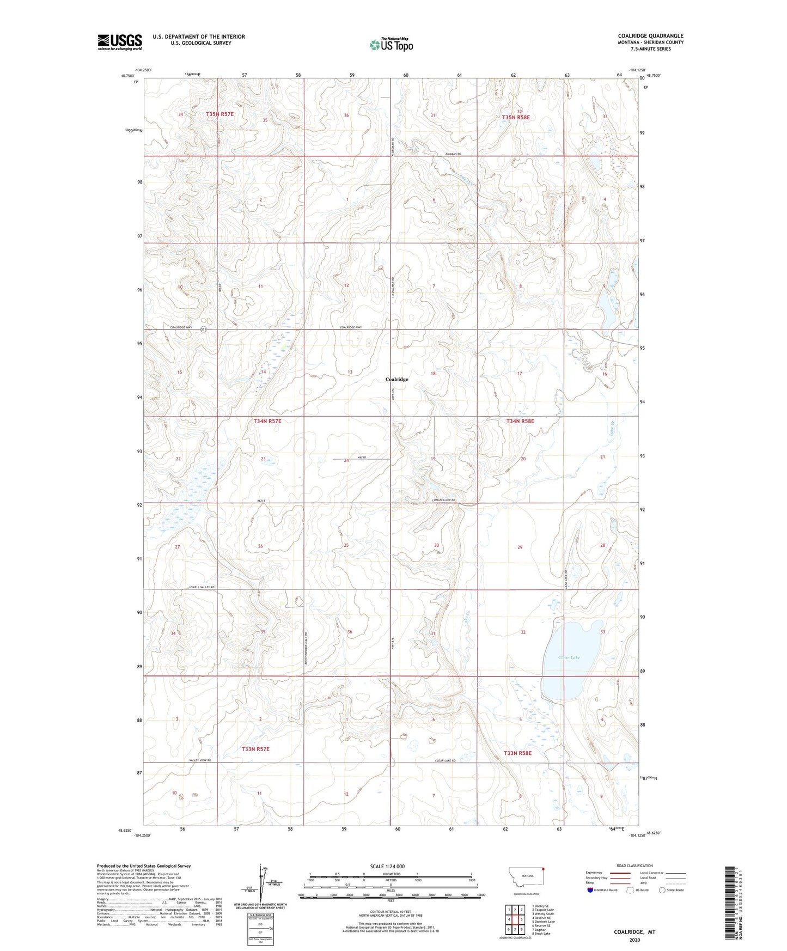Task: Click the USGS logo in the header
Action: click(x=120, y=42)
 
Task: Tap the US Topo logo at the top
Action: click(x=391, y=45)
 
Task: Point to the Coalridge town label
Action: click(x=396, y=379)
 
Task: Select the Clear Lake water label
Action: click(x=569, y=657)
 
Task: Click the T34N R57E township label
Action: click(x=267, y=421)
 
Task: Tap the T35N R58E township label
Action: click(x=516, y=117)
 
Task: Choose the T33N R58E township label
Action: click(x=517, y=753)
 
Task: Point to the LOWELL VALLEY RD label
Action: click(x=202, y=587)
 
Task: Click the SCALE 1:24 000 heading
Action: click(x=387, y=866)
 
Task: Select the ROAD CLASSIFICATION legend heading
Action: click(x=635, y=865)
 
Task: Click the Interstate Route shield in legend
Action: click(x=591, y=890)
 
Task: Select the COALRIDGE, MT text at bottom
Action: click(x=635, y=932)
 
